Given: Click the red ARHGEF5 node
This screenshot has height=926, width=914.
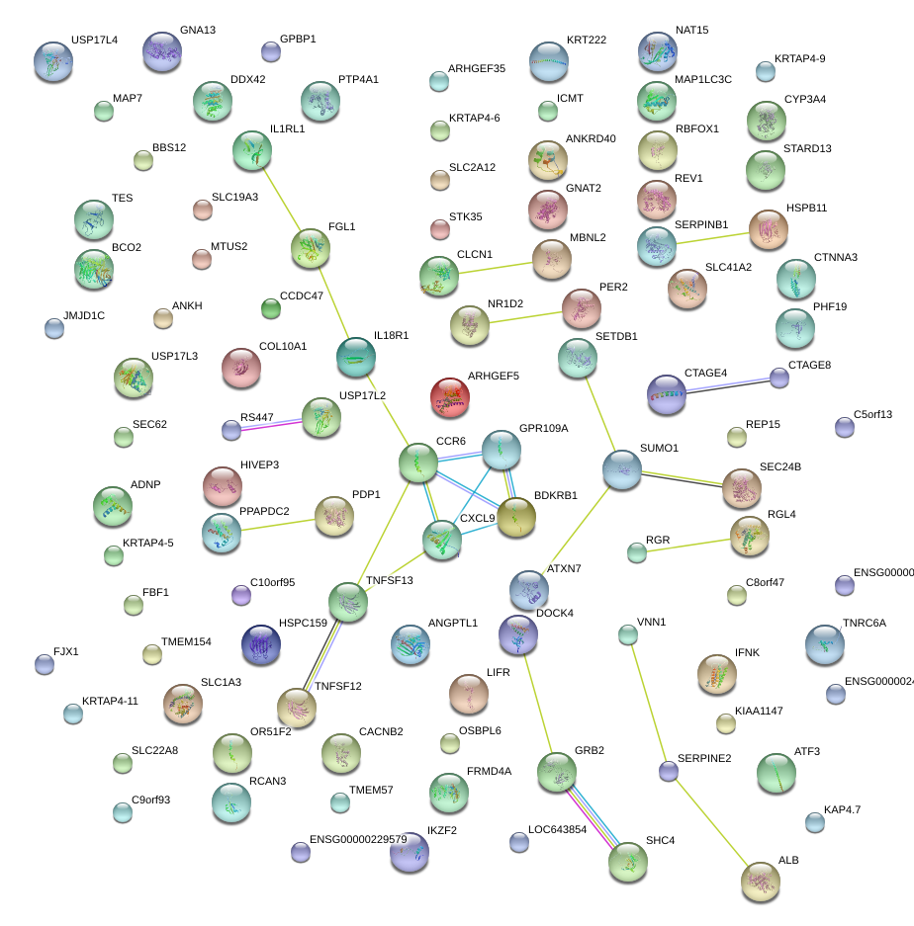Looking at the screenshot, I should pyautogui.click(x=450, y=396).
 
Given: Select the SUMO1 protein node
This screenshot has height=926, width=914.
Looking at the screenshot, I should pyautogui.click(x=622, y=469).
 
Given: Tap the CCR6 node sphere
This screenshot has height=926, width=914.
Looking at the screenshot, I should pyautogui.click(x=418, y=463).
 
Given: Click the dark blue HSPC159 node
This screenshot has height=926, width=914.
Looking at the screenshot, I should pyautogui.click(x=261, y=643).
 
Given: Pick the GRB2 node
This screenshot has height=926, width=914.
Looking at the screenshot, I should pyautogui.click(x=557, y=771).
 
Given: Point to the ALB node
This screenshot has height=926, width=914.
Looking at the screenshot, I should pyautogui.click(x=760, y=881).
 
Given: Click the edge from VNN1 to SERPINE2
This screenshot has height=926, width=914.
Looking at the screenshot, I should pyautogui.click(x=648, y=703).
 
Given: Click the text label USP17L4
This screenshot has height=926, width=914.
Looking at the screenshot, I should pyautogui.click(x=94, y=41).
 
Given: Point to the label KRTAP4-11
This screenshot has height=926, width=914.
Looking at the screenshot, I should pyautogui.click(x=110, y=701).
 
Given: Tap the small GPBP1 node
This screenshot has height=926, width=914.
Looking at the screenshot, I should pyautogui.click(x=270, y=50).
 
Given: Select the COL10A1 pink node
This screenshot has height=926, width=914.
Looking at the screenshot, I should pyautogui.click(x=240, y=368).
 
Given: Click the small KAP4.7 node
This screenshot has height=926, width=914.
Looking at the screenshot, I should pyautogui.click(x=814, y=821).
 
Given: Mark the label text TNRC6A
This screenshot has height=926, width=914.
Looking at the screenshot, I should pyautogui.click(x=864, y=624).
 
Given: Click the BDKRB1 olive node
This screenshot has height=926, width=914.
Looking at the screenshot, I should pyautogui.click(x=515, y=518).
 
